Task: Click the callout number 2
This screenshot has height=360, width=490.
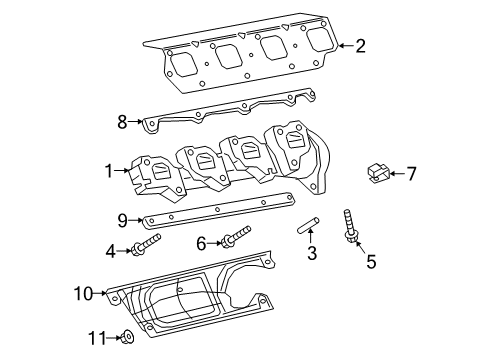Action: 361,45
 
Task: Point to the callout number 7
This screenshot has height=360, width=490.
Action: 410,174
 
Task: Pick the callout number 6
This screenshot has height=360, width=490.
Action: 200,243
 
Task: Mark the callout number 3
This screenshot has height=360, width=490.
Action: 311,255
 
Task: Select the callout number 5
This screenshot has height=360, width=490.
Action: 371,263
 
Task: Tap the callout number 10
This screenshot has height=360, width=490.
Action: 85,293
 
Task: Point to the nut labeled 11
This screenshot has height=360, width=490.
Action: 128,338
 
